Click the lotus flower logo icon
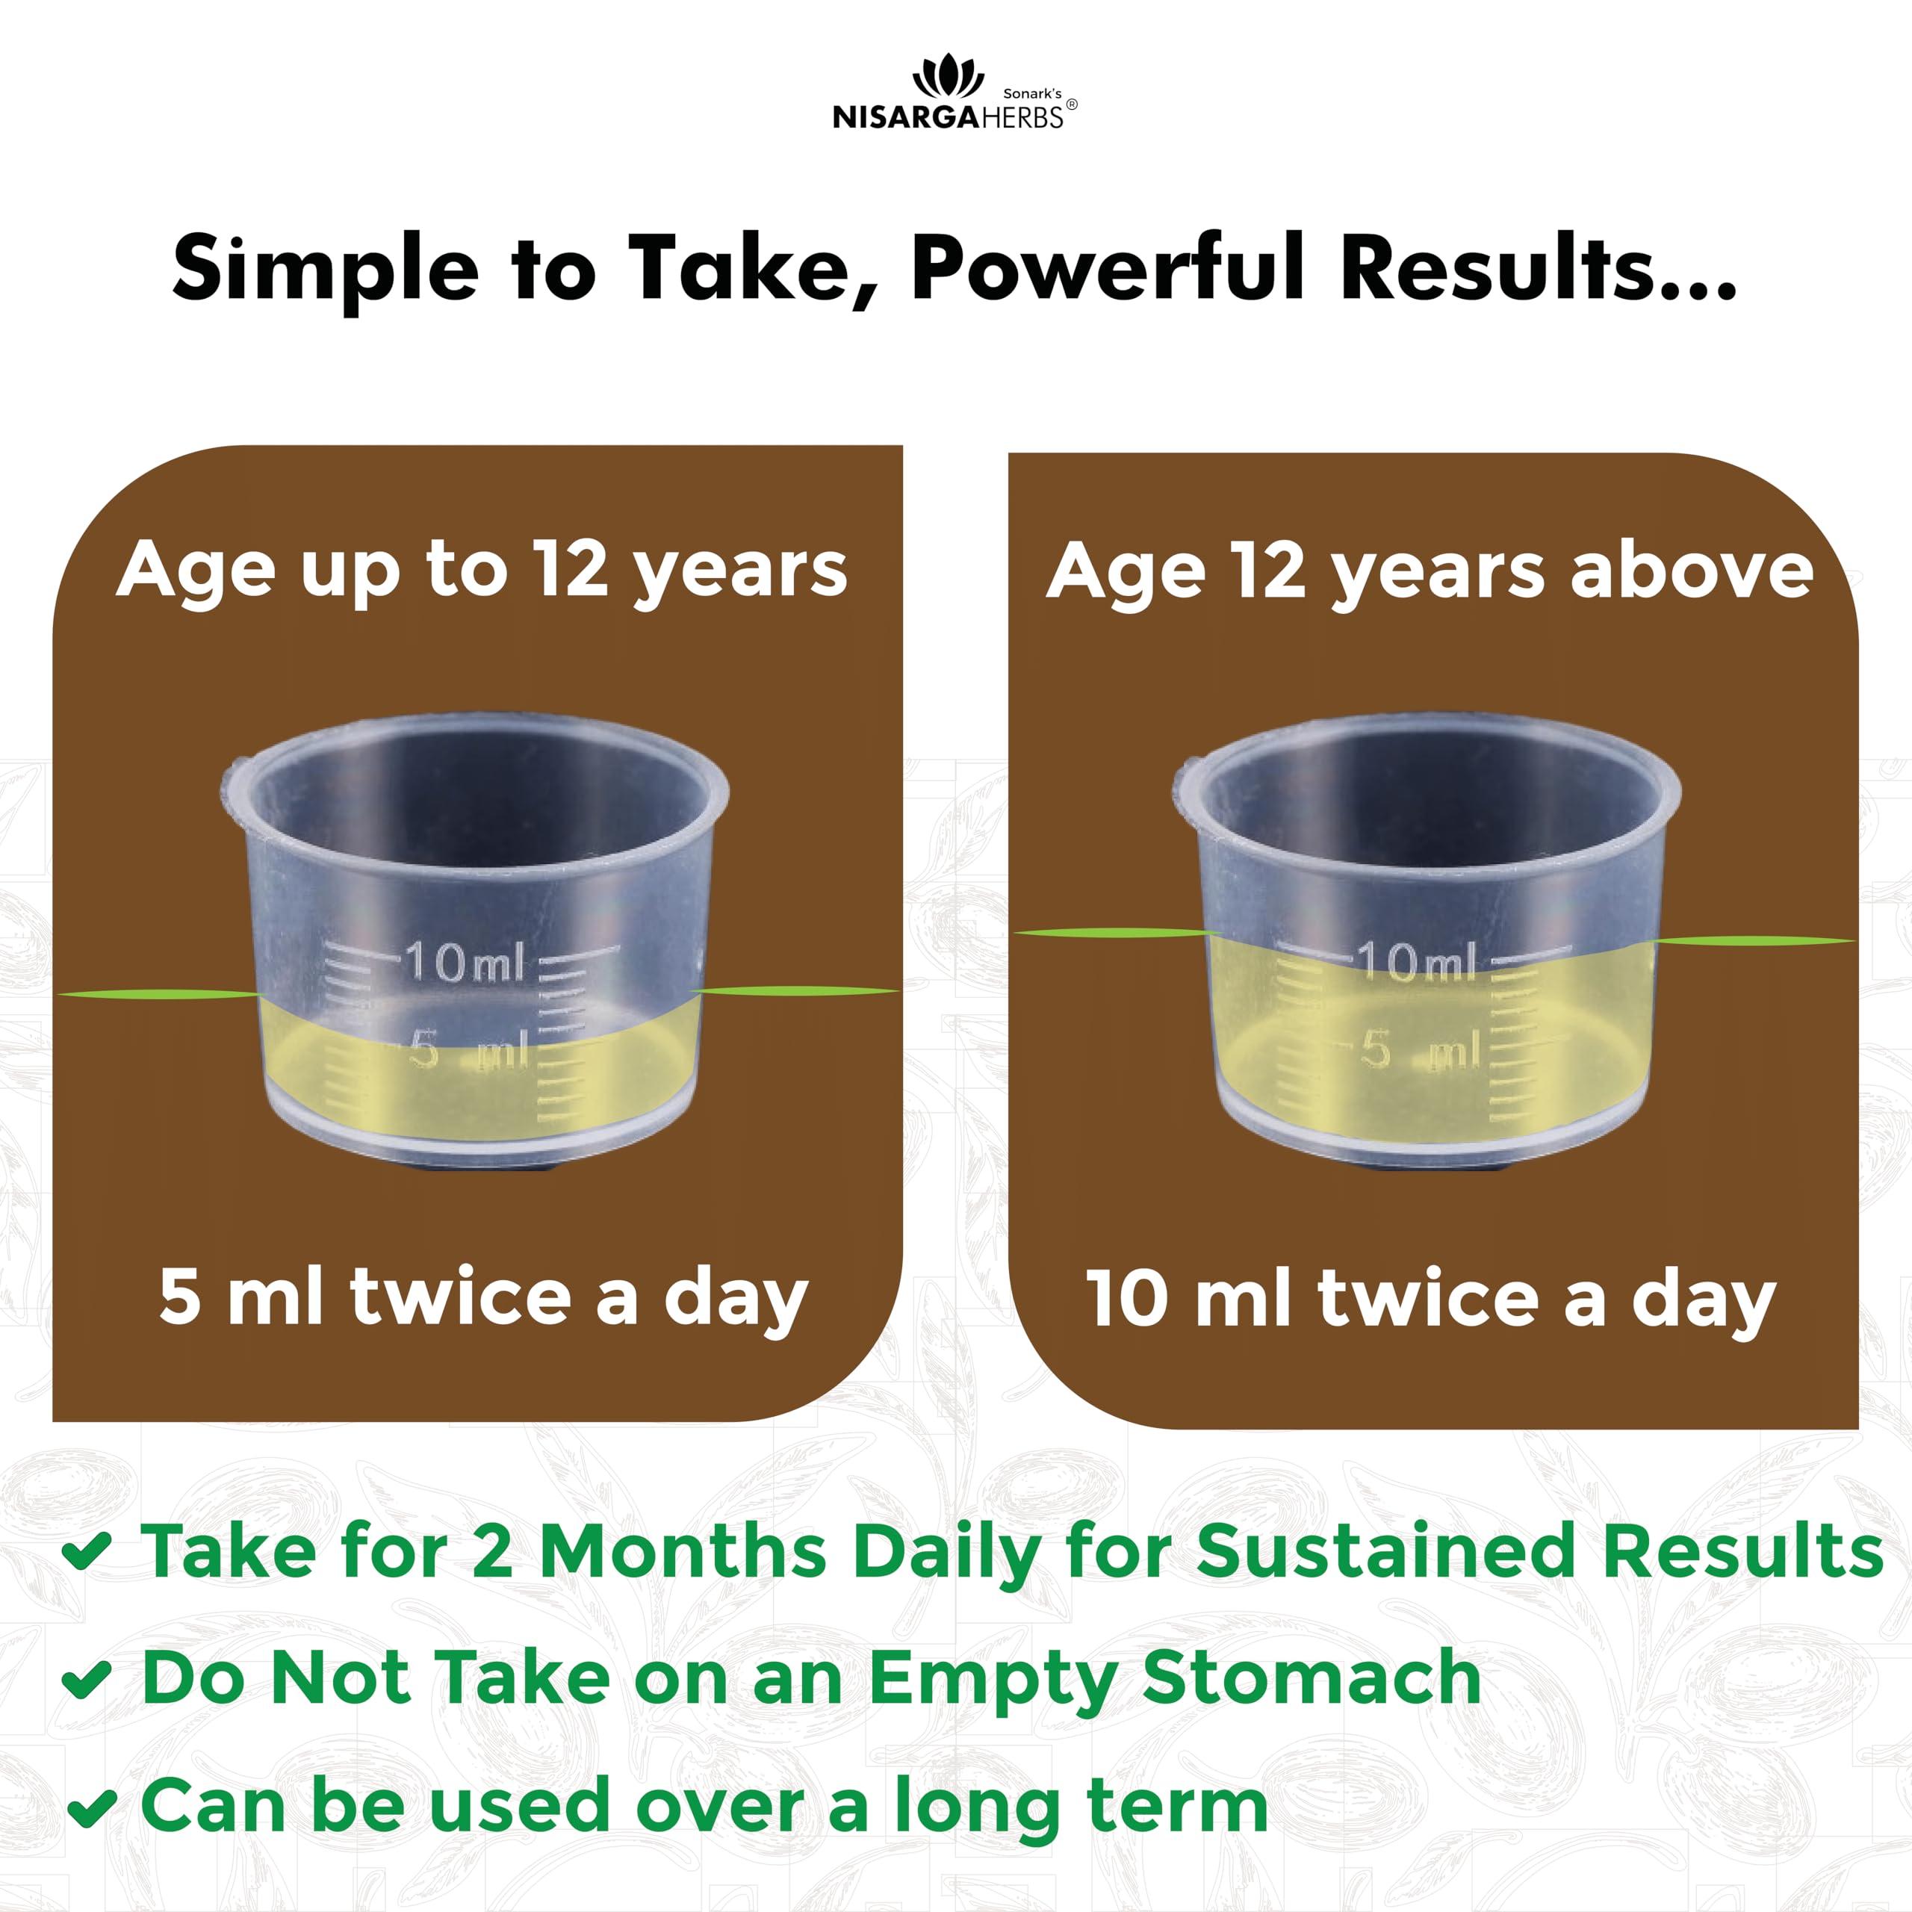(947, 77)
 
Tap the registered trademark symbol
(1072, 105)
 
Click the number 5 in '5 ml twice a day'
(180, 1297)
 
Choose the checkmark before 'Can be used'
(91, 1807)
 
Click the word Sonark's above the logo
(1032, 93)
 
